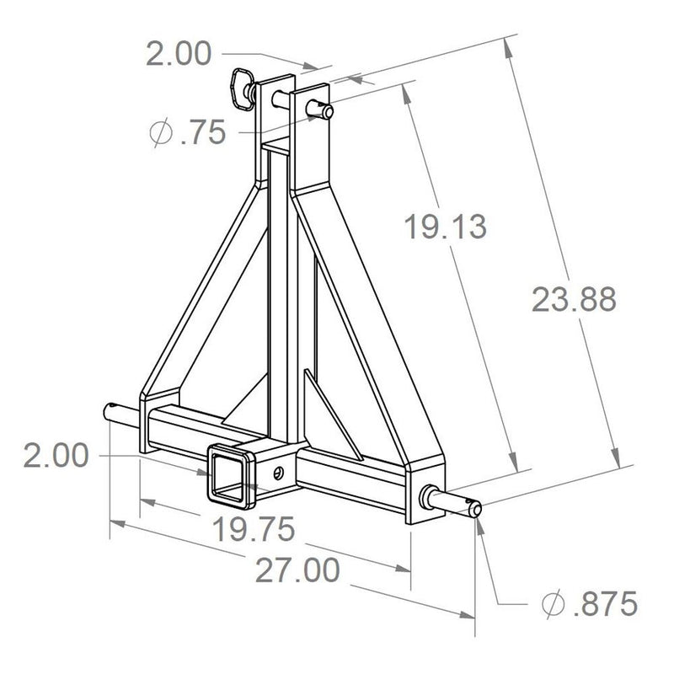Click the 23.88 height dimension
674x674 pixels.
[574, 300]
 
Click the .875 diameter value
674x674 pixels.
[600, 604]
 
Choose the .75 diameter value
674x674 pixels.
[203, 132]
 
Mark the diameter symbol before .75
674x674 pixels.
[161, 132]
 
